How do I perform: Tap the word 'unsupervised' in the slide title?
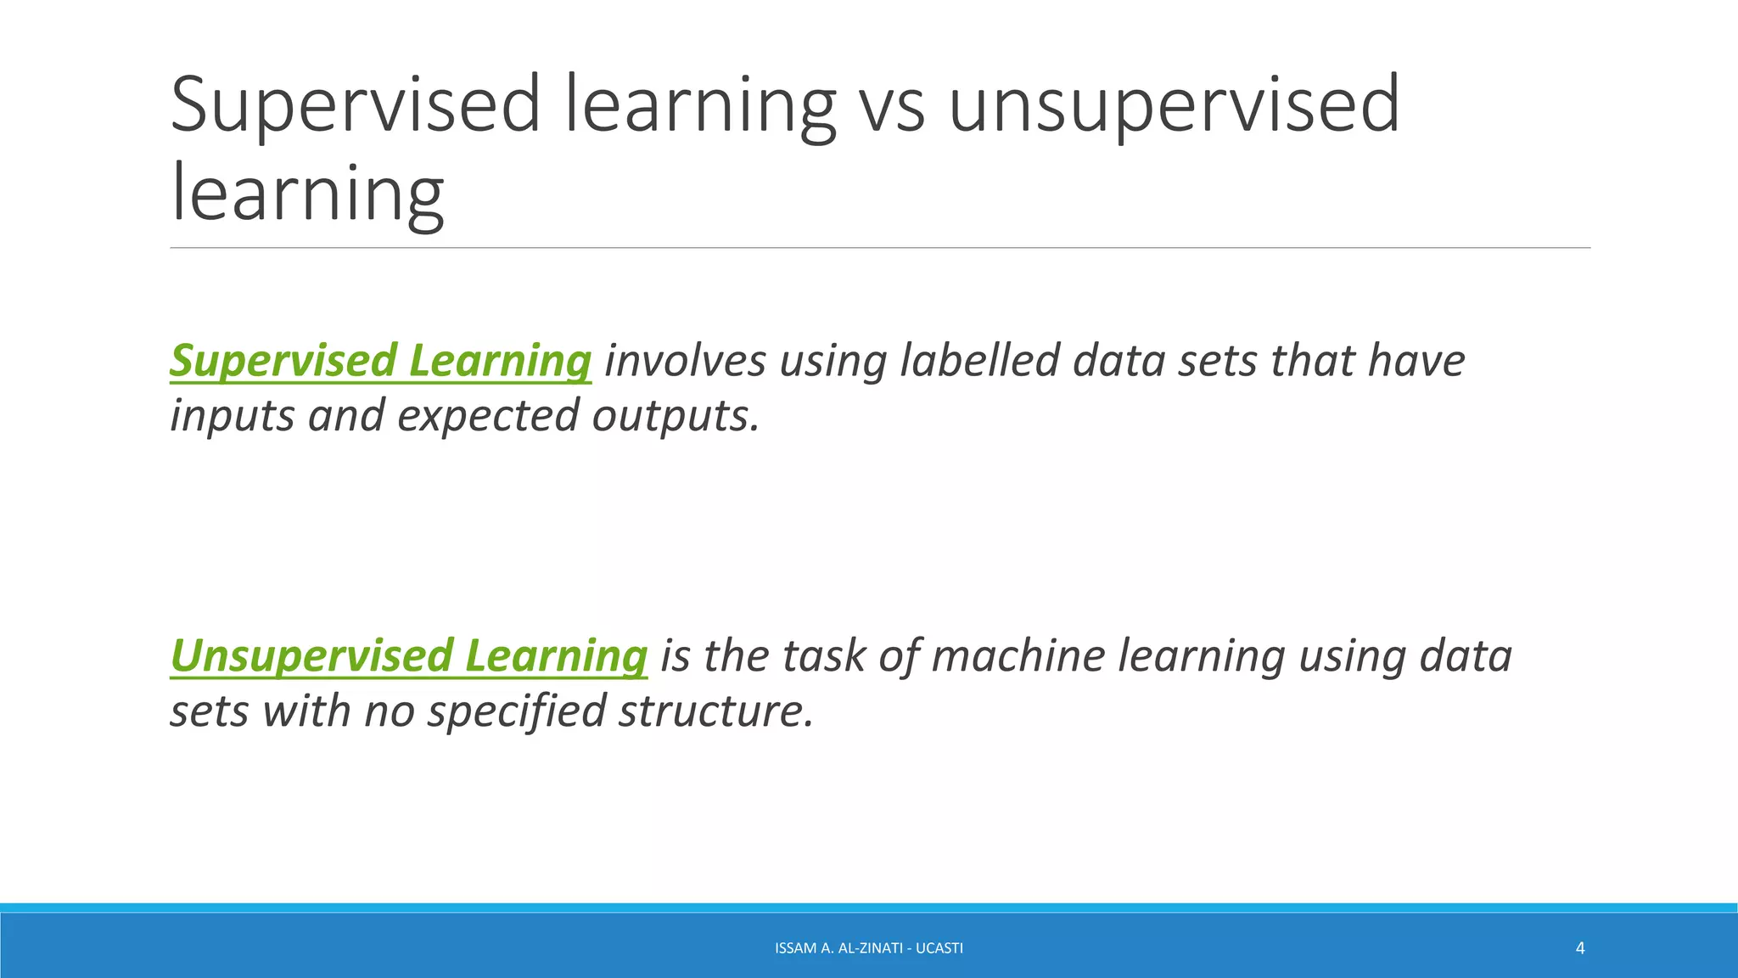point(1173,105)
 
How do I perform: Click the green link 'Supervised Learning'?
point(380,360)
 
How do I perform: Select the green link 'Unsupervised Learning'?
point(408,655)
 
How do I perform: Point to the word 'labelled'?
point(979,360)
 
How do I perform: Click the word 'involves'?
point(685,360)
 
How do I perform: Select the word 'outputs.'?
point(676,416)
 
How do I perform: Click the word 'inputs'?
point(232,416)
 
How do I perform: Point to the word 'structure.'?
point(715,711)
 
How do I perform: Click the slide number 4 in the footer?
point(1579,948)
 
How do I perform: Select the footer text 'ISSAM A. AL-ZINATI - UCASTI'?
point(869,948)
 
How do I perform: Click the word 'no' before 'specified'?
point(389,711)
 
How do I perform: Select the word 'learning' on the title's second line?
point(307,194)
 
